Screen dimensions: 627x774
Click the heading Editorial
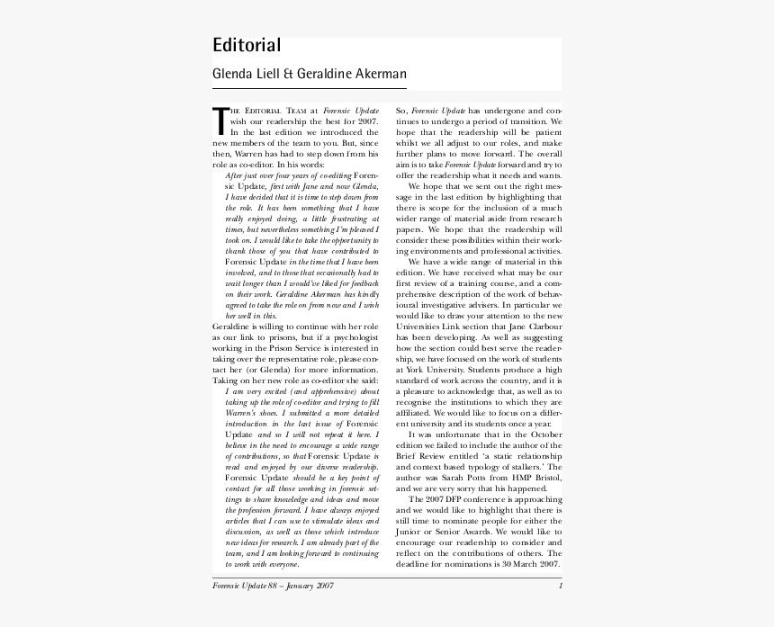click(247, 45)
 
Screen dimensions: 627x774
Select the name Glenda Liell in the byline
click(246, 74)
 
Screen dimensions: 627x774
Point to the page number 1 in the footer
click(560, 587)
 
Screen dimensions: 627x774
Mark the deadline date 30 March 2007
click(525, 564)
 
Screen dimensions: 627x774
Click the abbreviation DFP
click(447, 499)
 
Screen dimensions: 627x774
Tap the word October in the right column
click(543, 434)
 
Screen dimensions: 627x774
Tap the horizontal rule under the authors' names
click(309, 89)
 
